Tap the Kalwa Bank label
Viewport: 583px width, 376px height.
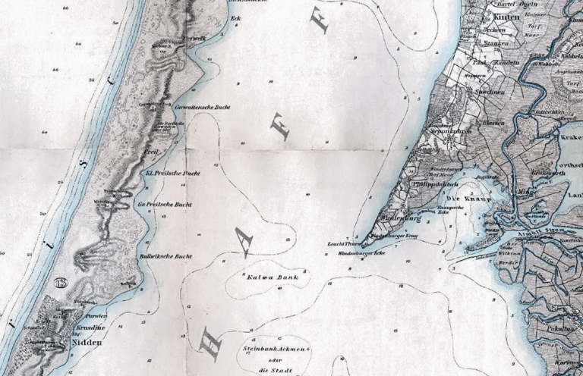click(267, 278)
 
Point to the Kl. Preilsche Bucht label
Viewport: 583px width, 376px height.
click(167, 173)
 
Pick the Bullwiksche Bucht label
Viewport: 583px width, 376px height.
click(165, 256)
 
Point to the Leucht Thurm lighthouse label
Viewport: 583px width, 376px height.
click(342, 245)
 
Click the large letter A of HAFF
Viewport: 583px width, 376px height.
click(244, 241)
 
